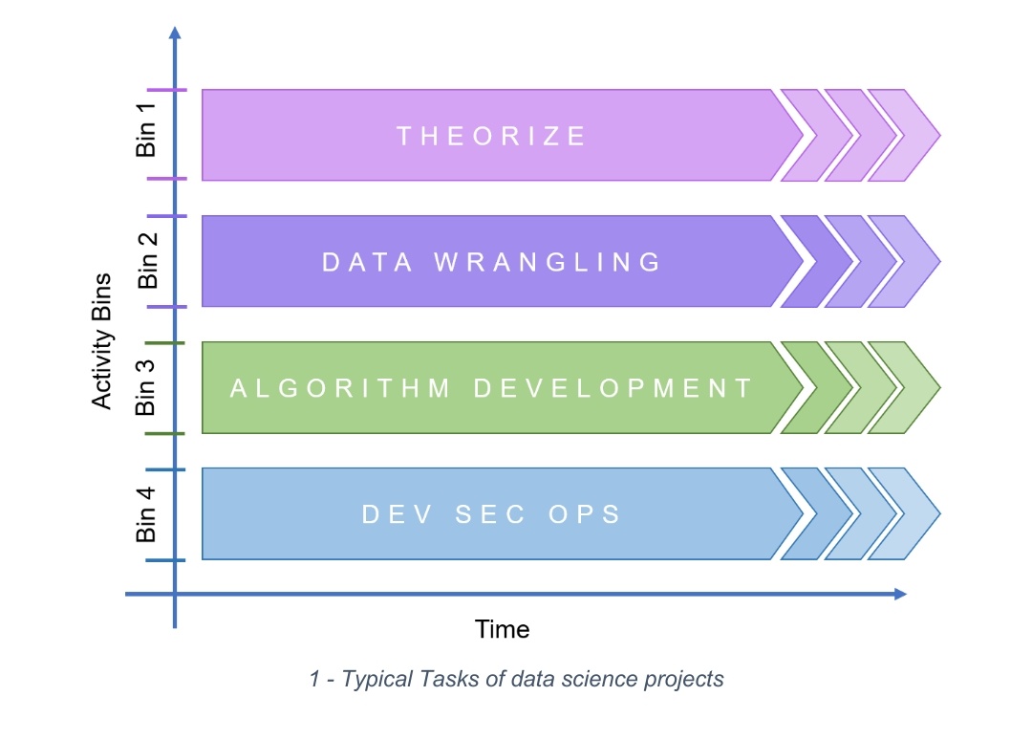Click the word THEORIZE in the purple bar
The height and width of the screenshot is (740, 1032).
(491, 137)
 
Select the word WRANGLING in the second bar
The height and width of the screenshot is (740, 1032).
(548, 262)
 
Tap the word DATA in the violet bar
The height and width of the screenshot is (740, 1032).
(367, 262)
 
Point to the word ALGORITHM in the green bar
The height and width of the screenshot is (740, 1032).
(340, 388)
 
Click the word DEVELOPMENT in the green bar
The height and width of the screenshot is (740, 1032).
(613, 388)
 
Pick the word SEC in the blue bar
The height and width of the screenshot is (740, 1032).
(490, 514)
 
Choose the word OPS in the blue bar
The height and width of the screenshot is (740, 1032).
(585, 514)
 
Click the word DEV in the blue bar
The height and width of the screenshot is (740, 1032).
(398, 514)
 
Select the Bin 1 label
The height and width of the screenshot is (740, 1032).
(146, 130)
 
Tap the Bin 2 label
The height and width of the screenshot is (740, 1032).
(148, 260)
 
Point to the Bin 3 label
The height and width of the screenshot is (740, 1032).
(145, 388)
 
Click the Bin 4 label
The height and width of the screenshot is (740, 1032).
(145, 514)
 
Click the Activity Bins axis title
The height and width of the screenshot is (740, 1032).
(101, 341)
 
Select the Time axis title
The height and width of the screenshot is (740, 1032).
(503, 629)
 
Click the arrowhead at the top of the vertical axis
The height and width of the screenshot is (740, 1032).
(175, 33)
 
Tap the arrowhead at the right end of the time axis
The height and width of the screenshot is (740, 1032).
(901, 594)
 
